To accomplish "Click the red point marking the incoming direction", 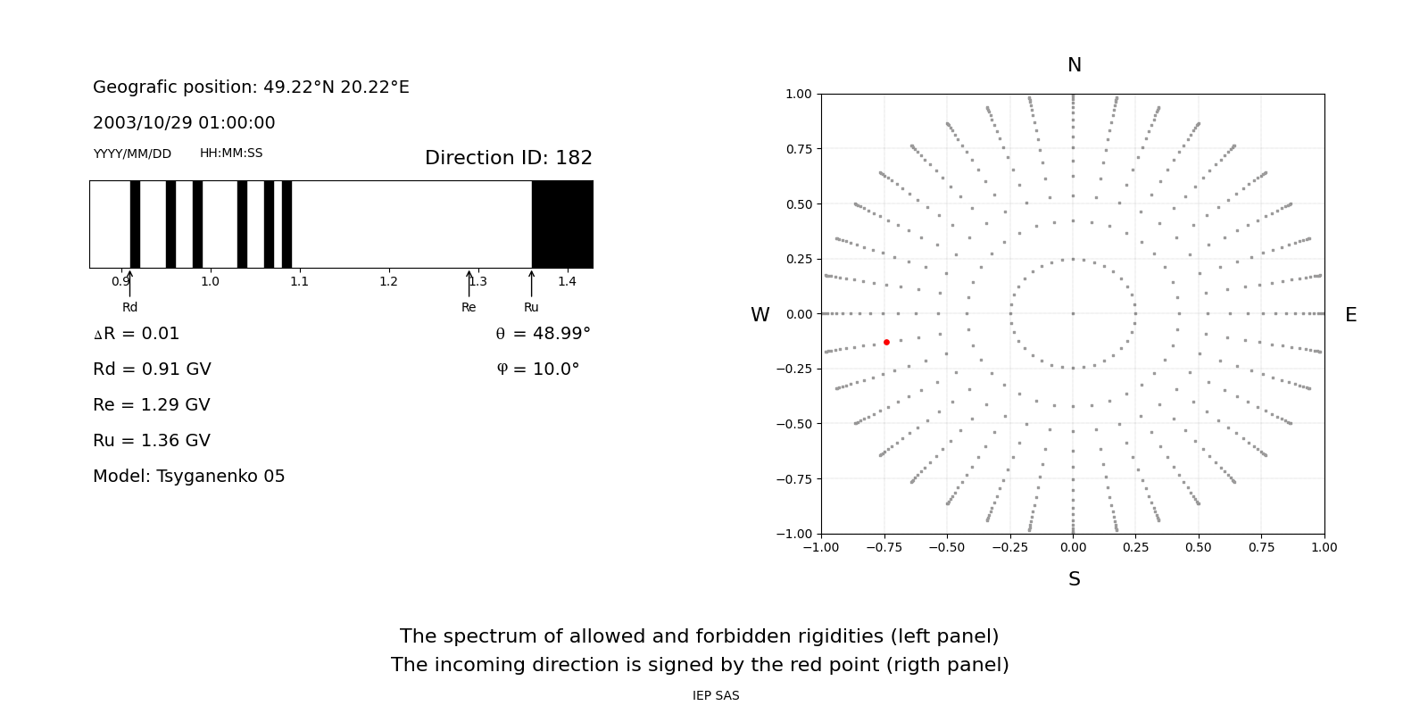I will tap(886, 342).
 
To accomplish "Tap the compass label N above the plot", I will tap(1074, 65).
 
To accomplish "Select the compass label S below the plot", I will tap(1074, 579).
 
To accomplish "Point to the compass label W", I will tap(760, 315).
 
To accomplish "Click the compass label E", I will tap(1350, 315).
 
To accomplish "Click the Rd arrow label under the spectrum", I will tap(130, 307).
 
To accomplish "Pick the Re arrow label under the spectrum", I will tap(469, 307).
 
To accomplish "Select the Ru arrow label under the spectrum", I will tap(531, 307).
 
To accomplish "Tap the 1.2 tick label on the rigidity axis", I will tap(388, 281).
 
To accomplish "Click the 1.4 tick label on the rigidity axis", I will tap(567, 281).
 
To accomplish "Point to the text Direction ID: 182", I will tap(508, 158).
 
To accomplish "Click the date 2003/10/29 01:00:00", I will tap(184, 123).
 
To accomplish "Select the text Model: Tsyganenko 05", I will tap(189, 477).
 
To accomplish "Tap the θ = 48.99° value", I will tap(543, 334).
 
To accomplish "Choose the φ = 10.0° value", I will tap(537, 369).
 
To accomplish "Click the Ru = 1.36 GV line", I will tap(152, 441).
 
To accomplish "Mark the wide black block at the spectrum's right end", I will tap(562, 224).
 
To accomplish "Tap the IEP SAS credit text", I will tap(716, 695).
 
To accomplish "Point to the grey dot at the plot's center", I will tap(1073, 313).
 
